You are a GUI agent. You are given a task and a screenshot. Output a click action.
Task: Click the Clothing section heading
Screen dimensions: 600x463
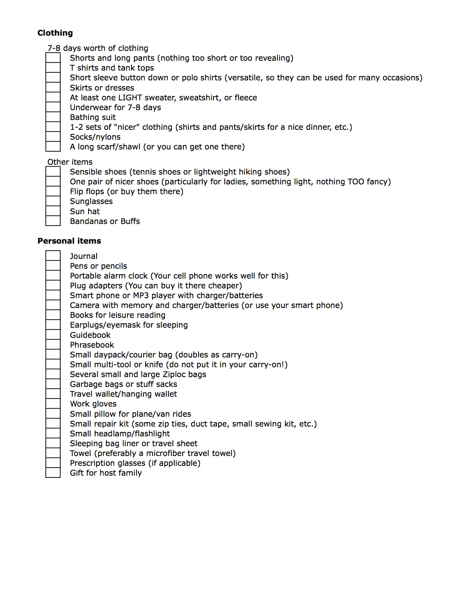pos(55,33)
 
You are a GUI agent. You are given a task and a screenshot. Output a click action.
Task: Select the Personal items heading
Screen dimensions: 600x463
pos(69,241)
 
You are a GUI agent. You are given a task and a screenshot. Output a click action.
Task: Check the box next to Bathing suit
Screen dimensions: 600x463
pos(53,117)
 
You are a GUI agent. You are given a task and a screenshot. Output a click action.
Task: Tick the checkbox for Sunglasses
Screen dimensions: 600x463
pos(53,201)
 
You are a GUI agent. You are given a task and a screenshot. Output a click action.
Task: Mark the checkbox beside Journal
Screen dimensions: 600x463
pos(53,256)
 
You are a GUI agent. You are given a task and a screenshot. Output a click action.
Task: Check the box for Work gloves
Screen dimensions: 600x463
pos(53,404)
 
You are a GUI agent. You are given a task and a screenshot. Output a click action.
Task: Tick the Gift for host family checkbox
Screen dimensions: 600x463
pos(53,473)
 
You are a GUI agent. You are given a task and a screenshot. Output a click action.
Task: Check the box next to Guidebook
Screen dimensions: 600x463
pos(53,335)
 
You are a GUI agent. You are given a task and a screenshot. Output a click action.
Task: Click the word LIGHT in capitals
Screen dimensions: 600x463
pos(130,97)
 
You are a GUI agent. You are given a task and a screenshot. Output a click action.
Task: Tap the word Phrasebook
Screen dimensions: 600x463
pos(92,345)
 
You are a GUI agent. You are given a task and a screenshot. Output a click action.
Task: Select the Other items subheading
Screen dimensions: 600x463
pos(70,162)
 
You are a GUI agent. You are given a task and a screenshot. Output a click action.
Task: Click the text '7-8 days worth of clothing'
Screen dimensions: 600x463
pos(98,48)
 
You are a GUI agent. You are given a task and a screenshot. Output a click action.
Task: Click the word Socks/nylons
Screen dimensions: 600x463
pos(95,137)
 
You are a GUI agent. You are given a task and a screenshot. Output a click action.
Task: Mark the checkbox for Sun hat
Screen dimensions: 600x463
pos(53,211)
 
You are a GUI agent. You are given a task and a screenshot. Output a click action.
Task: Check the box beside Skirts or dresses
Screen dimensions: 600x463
pos(53,88)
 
